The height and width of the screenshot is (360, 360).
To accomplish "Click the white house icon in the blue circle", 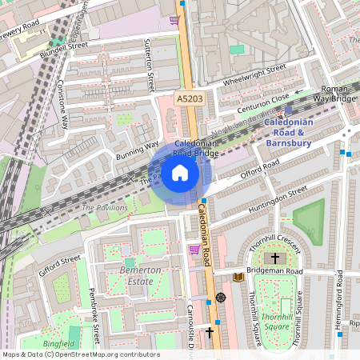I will (180, 173).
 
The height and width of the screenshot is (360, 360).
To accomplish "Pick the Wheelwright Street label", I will (254, 76).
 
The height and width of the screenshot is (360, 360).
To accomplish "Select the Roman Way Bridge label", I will (334, 93).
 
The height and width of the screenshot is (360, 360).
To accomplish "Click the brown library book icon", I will (238, 277).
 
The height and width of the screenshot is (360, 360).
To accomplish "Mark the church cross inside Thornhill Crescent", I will (275, 258).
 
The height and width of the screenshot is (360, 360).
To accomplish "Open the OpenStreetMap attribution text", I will (80, 354).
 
